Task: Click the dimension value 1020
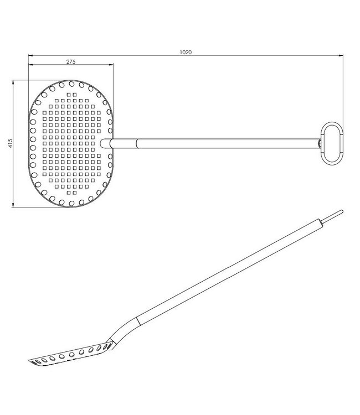pos(186,52)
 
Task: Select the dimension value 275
pos(71,62)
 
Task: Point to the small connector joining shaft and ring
pos(320,144)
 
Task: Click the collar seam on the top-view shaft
pos(137,144)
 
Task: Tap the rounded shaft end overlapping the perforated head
pos(105,144)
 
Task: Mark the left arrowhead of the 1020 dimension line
pos(30,55)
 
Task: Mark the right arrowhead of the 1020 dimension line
pos(339,55)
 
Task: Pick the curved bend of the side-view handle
pos(125,329)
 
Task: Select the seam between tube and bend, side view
pos(138,320)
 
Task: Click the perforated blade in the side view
pos(69,353)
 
